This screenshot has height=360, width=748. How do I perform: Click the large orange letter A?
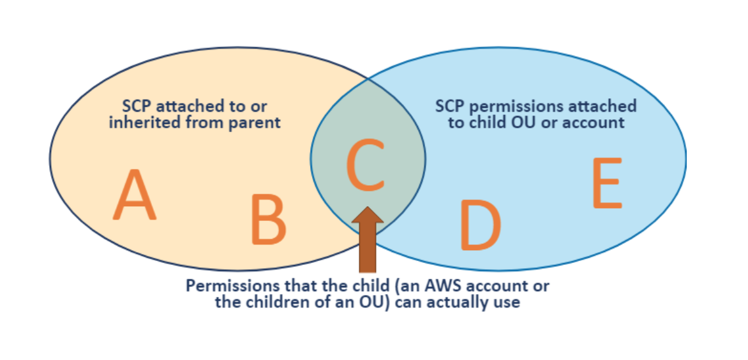click(x=135, y=195)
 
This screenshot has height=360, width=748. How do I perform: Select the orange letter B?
click(x=268, y=220)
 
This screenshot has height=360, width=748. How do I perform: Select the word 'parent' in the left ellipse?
click(x=256, y=122)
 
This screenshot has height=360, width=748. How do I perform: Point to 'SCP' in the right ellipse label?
click(x=450, y=106)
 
